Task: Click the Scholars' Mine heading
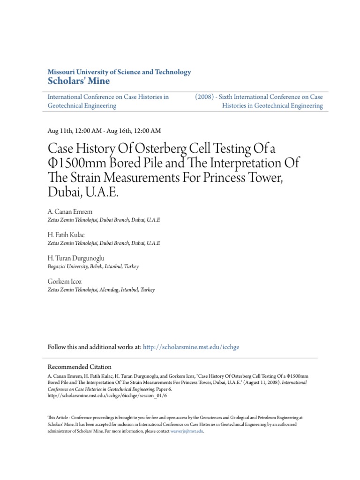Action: (x=79, y=81)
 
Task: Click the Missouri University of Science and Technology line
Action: (x=120, y=72)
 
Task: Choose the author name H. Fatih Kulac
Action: (x=67, y=235)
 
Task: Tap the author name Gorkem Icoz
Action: (x=65, y=282)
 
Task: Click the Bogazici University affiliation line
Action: (x=93, y=266)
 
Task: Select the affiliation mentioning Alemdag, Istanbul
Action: (x=101, y=290)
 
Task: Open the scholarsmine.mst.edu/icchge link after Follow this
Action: (x=191, y=347)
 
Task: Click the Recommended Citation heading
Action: (x=80, y=367)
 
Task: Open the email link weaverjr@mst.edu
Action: (x=187, y=431)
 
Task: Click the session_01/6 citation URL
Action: (x=107, y=396)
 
